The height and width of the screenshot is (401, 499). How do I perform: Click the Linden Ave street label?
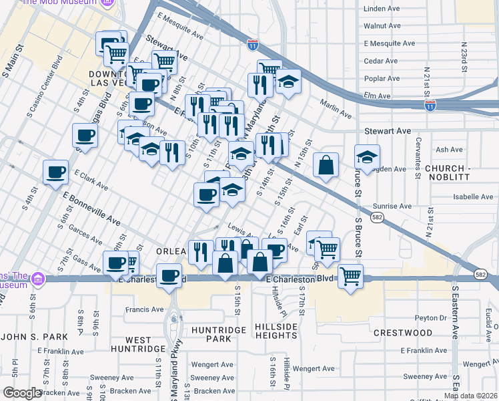(x=382, y=9)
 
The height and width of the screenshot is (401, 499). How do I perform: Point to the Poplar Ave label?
(x=382, y=78)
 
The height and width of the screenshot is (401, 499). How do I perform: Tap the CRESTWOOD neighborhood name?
(x=403, y=332)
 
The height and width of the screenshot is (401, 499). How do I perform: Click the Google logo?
(x=22, y=393)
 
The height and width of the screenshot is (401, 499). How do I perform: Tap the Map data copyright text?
(x=470, y=396)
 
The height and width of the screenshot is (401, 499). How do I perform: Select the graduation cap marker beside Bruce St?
(x=367, y=157)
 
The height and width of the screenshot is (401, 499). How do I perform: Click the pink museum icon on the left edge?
(x=37, y=277)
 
